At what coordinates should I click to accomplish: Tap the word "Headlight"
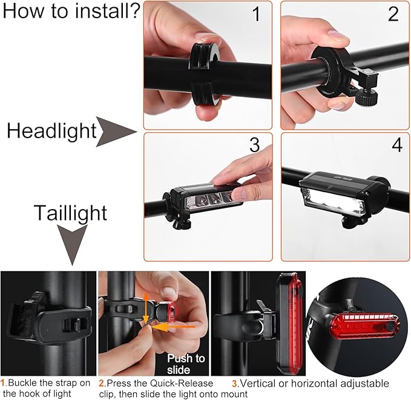tap(51, 131)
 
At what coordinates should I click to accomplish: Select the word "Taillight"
tap(70, 213)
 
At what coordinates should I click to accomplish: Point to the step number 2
tap(393, 15)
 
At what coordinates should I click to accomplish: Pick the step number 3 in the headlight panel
tap(254, 145)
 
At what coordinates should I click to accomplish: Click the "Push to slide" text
tap(186, 364)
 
